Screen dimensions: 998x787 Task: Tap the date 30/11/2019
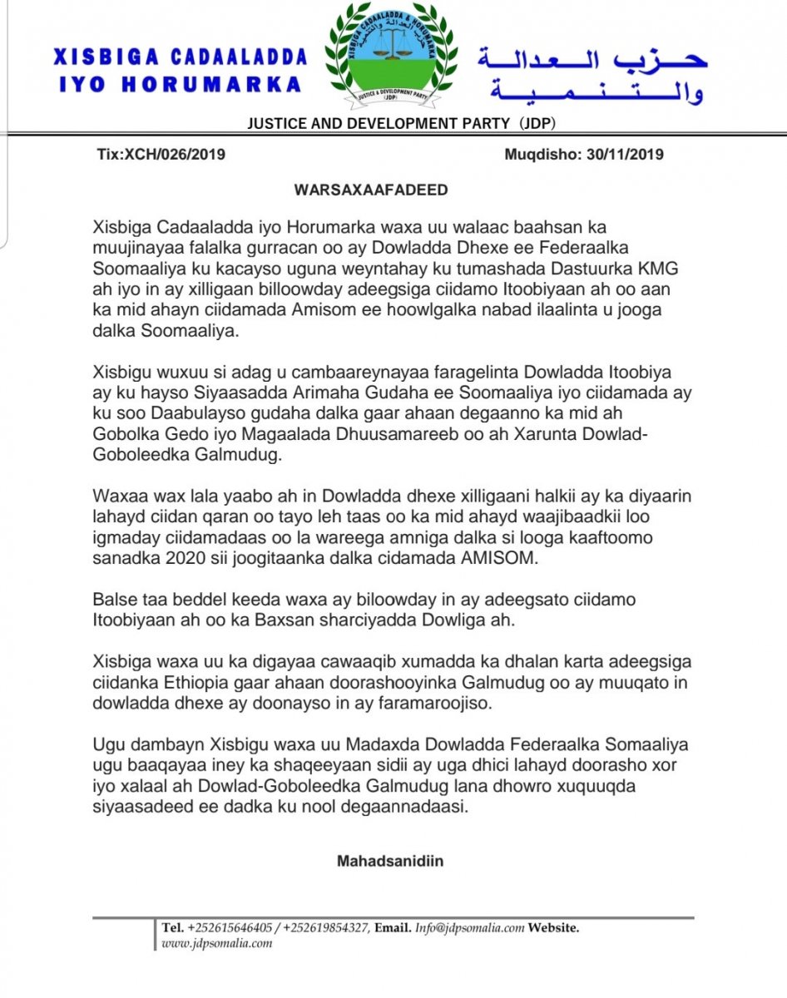pyautogui.click(x=625, y=154)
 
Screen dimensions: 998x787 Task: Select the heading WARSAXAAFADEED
pyautogui.click(x=371, y=190)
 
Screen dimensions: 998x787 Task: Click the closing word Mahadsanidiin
pyautogui.click(x=390, y=861)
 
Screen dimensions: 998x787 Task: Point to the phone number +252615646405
pyautogui.click(x=226, y=928)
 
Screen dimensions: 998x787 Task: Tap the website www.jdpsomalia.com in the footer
pyautogui.click(x=217, y=943)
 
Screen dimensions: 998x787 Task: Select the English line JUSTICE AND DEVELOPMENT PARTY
pyautogui.click(x=378, y=124)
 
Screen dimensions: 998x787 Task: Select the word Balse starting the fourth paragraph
pyautogui.click(x=111, y=599)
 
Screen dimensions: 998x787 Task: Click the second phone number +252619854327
pyautogui.click(x=326, y=928)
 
